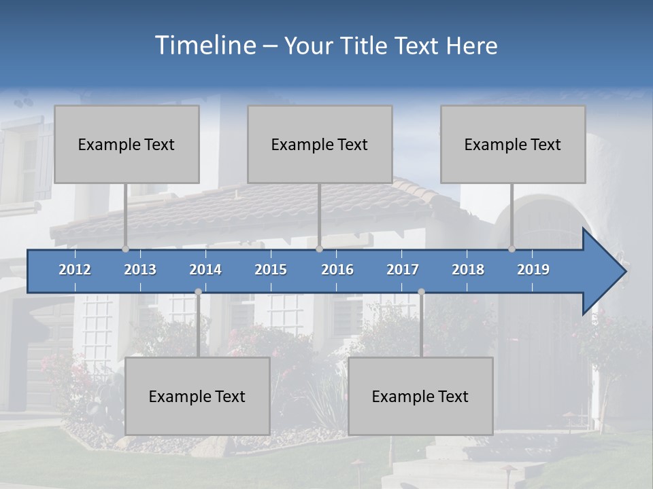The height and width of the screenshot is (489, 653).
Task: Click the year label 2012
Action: click(x=75, y=270)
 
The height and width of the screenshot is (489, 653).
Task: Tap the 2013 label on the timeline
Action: click(x=140, y=270)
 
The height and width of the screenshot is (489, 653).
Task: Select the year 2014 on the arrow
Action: click(x=205, y=270)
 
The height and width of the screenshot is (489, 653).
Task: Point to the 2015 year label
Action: click(x=271, y=270)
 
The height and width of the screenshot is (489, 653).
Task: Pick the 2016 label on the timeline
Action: click(x=337, y=270)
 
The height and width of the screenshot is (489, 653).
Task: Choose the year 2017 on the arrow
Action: click(x=403, y=270)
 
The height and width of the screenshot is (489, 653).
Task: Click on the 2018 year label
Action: click(x=468, y=270)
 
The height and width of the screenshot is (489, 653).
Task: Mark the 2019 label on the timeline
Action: click(x=533, y=270)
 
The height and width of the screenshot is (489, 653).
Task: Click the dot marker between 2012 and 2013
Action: click(x=126, y=249)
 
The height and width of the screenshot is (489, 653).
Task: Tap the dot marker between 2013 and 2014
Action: click(x=198, y=291)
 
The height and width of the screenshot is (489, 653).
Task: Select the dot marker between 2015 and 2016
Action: click(x=319, y=249)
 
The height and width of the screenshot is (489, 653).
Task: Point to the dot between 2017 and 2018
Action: click(x=421, y=291)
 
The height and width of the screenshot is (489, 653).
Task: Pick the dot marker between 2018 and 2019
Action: click(x=512, y=249)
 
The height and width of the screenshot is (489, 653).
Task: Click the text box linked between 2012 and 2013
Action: click(x=127, y=144)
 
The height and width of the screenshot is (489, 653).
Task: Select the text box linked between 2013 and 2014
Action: click(x=197, y=396)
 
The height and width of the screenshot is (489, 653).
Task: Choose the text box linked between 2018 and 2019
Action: click(x=513, y=144)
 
